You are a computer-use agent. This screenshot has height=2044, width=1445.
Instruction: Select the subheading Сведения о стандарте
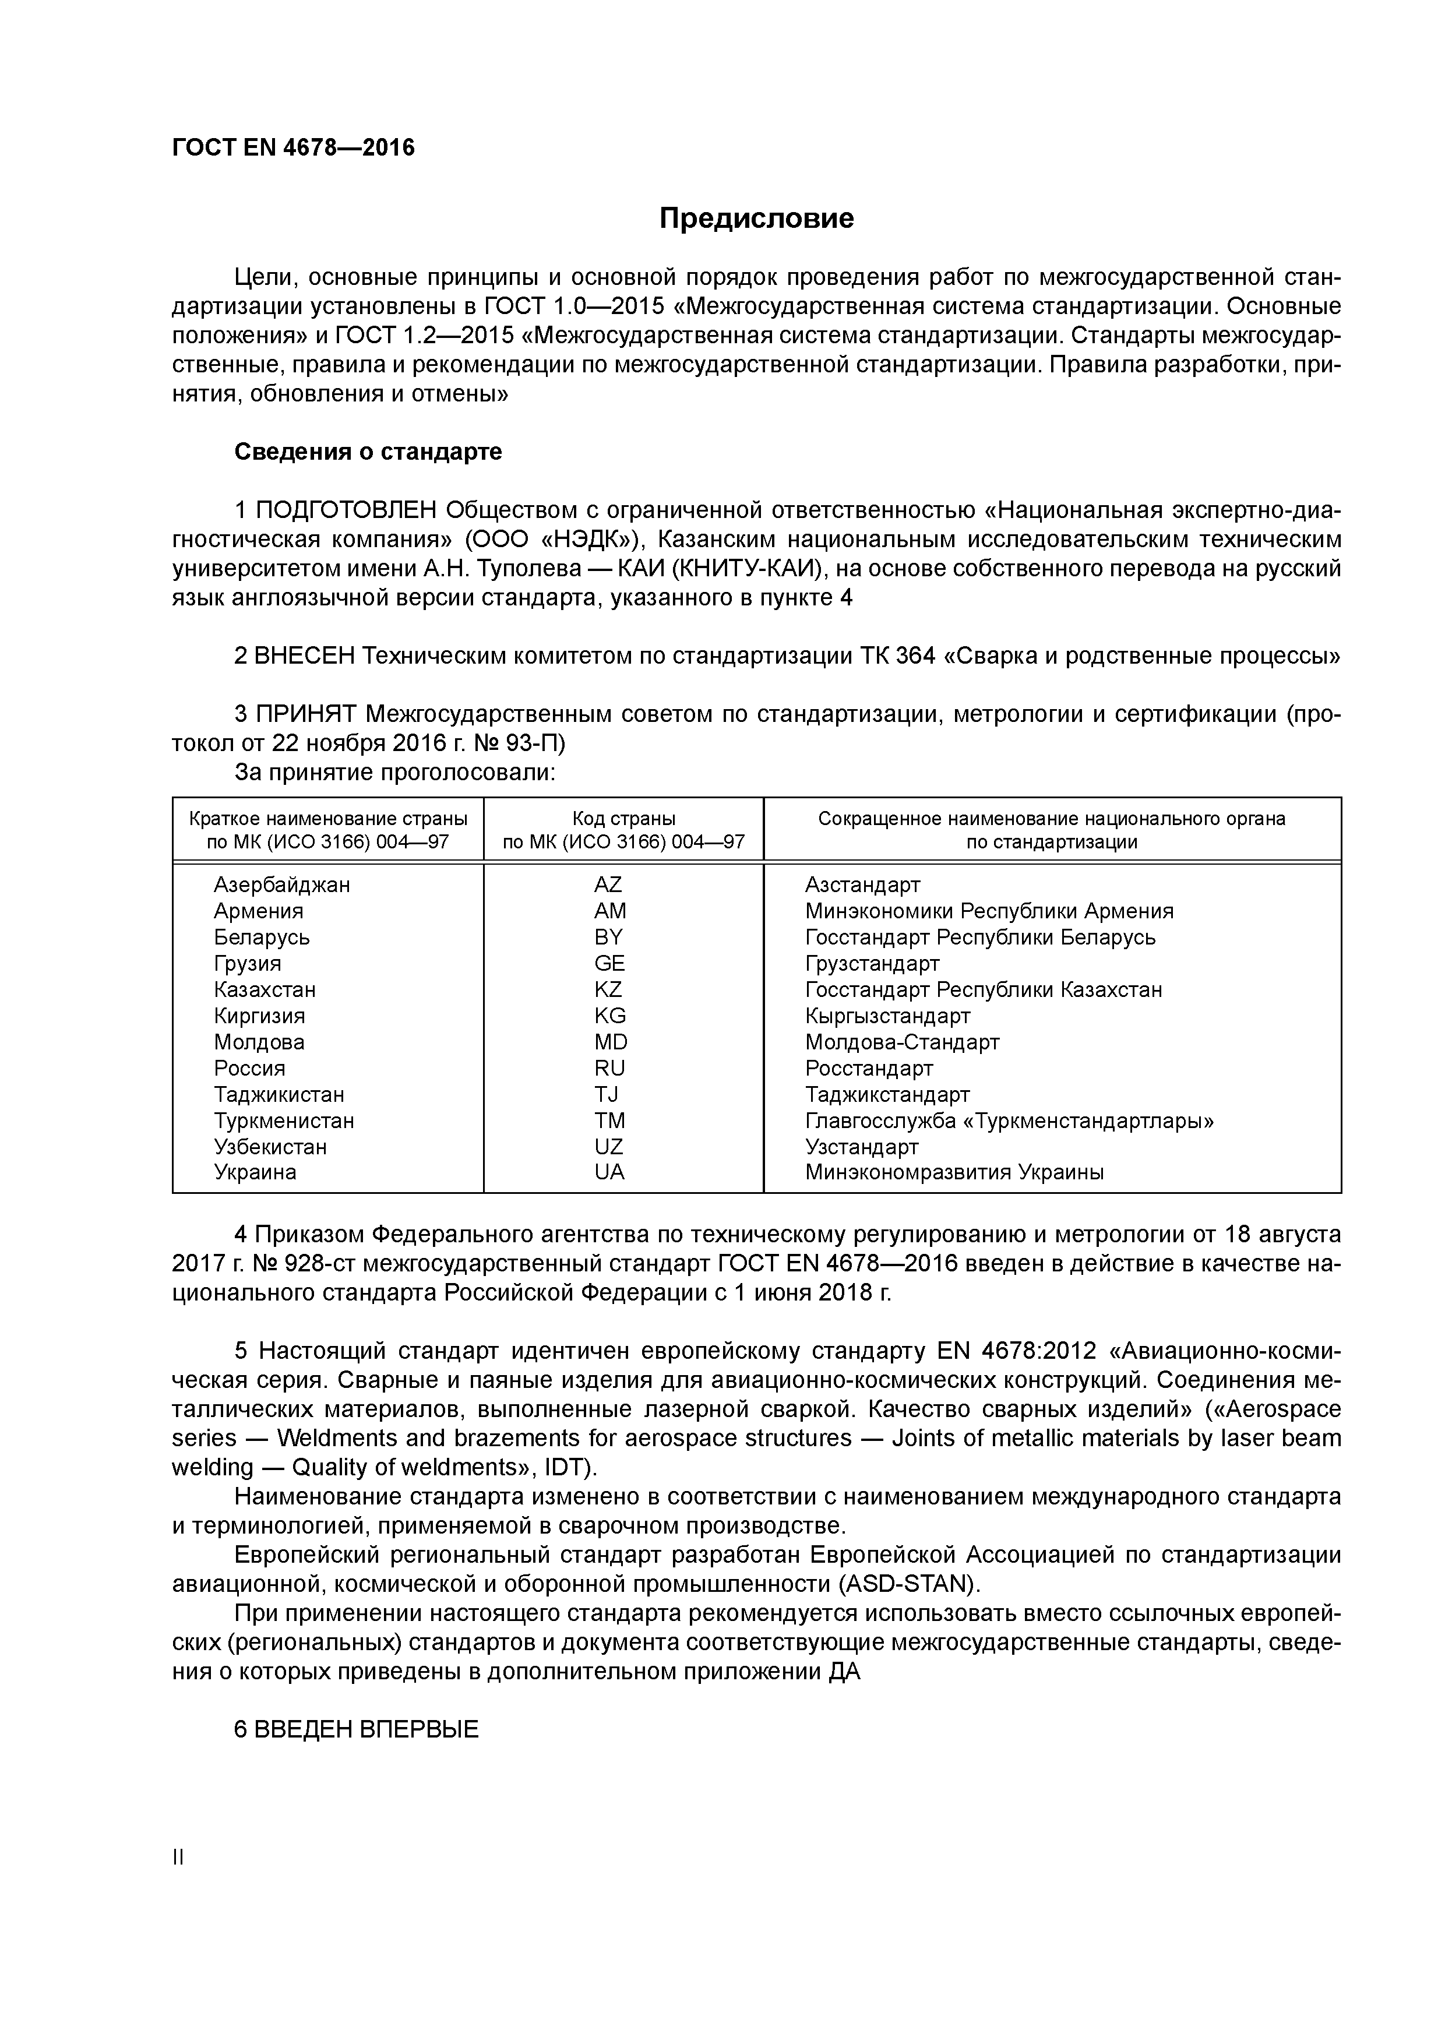(368, 452)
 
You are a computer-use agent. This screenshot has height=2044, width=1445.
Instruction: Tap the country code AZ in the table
(608, 885)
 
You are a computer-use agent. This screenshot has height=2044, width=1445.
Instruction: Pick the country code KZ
(608, 990)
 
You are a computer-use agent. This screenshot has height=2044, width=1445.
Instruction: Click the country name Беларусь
(262, 938)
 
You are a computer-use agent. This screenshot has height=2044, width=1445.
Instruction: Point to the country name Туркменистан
(284, 1121)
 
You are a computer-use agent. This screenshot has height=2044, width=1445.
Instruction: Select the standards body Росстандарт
(869, 1068)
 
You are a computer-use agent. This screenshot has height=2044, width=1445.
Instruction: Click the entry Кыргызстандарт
(887, 1016)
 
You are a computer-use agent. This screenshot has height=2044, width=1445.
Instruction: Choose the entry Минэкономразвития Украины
(954, 1172)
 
